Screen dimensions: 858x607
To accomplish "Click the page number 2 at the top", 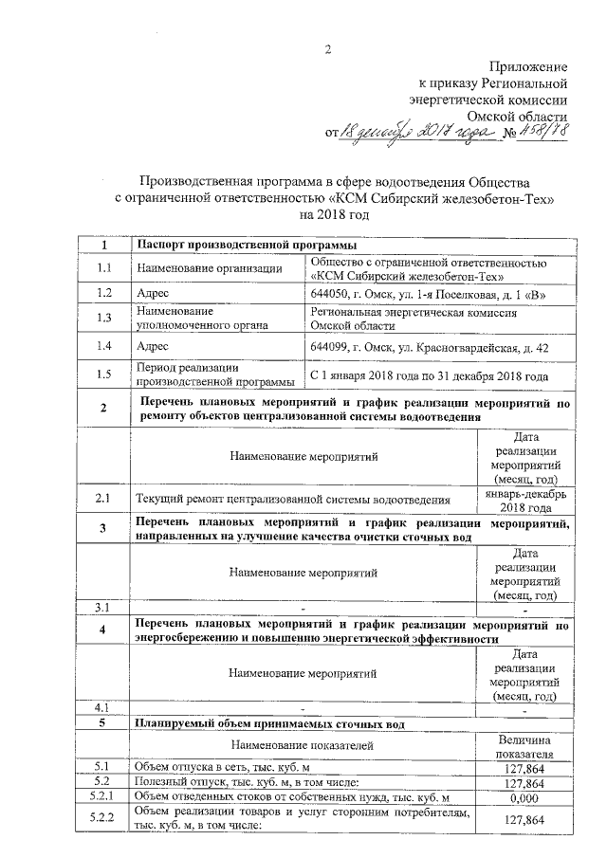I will (x=328, y=49).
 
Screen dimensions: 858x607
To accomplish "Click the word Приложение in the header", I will (x=528, y=66).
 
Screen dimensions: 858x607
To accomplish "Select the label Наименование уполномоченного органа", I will (x=190, y=318).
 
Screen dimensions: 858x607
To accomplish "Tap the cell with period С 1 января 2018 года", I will (x=431, y=375).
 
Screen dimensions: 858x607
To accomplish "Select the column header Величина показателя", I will (x=524, y=746).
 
